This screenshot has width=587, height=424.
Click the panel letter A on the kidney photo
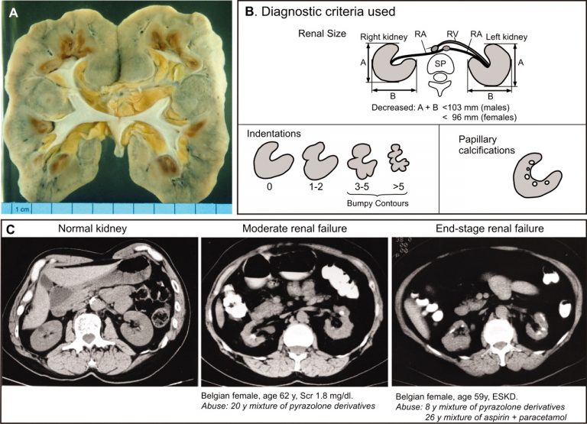click(14, 13)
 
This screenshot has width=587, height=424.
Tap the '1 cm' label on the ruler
click(21, 209)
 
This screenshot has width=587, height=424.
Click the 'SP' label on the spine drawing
click(440, 63)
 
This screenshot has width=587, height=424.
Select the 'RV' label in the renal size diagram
click(452, 34)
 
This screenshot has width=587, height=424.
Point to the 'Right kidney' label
click(384, 37)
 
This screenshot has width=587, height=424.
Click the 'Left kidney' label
click(507, 37)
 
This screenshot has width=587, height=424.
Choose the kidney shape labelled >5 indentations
click(398, 158)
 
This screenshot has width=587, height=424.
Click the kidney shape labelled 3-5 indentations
click(362, 161)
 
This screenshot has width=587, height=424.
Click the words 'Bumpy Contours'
click(378, 203)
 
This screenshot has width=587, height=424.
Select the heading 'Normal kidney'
click(92, 228)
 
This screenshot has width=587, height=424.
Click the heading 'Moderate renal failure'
click(294, 228)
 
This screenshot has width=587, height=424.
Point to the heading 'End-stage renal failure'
click(490, 228)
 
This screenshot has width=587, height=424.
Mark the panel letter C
click(11, 229)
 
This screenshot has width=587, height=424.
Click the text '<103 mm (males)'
click(476, 108)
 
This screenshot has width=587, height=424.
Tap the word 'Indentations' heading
click(274, 134)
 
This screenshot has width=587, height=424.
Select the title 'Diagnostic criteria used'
click(328, 11)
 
